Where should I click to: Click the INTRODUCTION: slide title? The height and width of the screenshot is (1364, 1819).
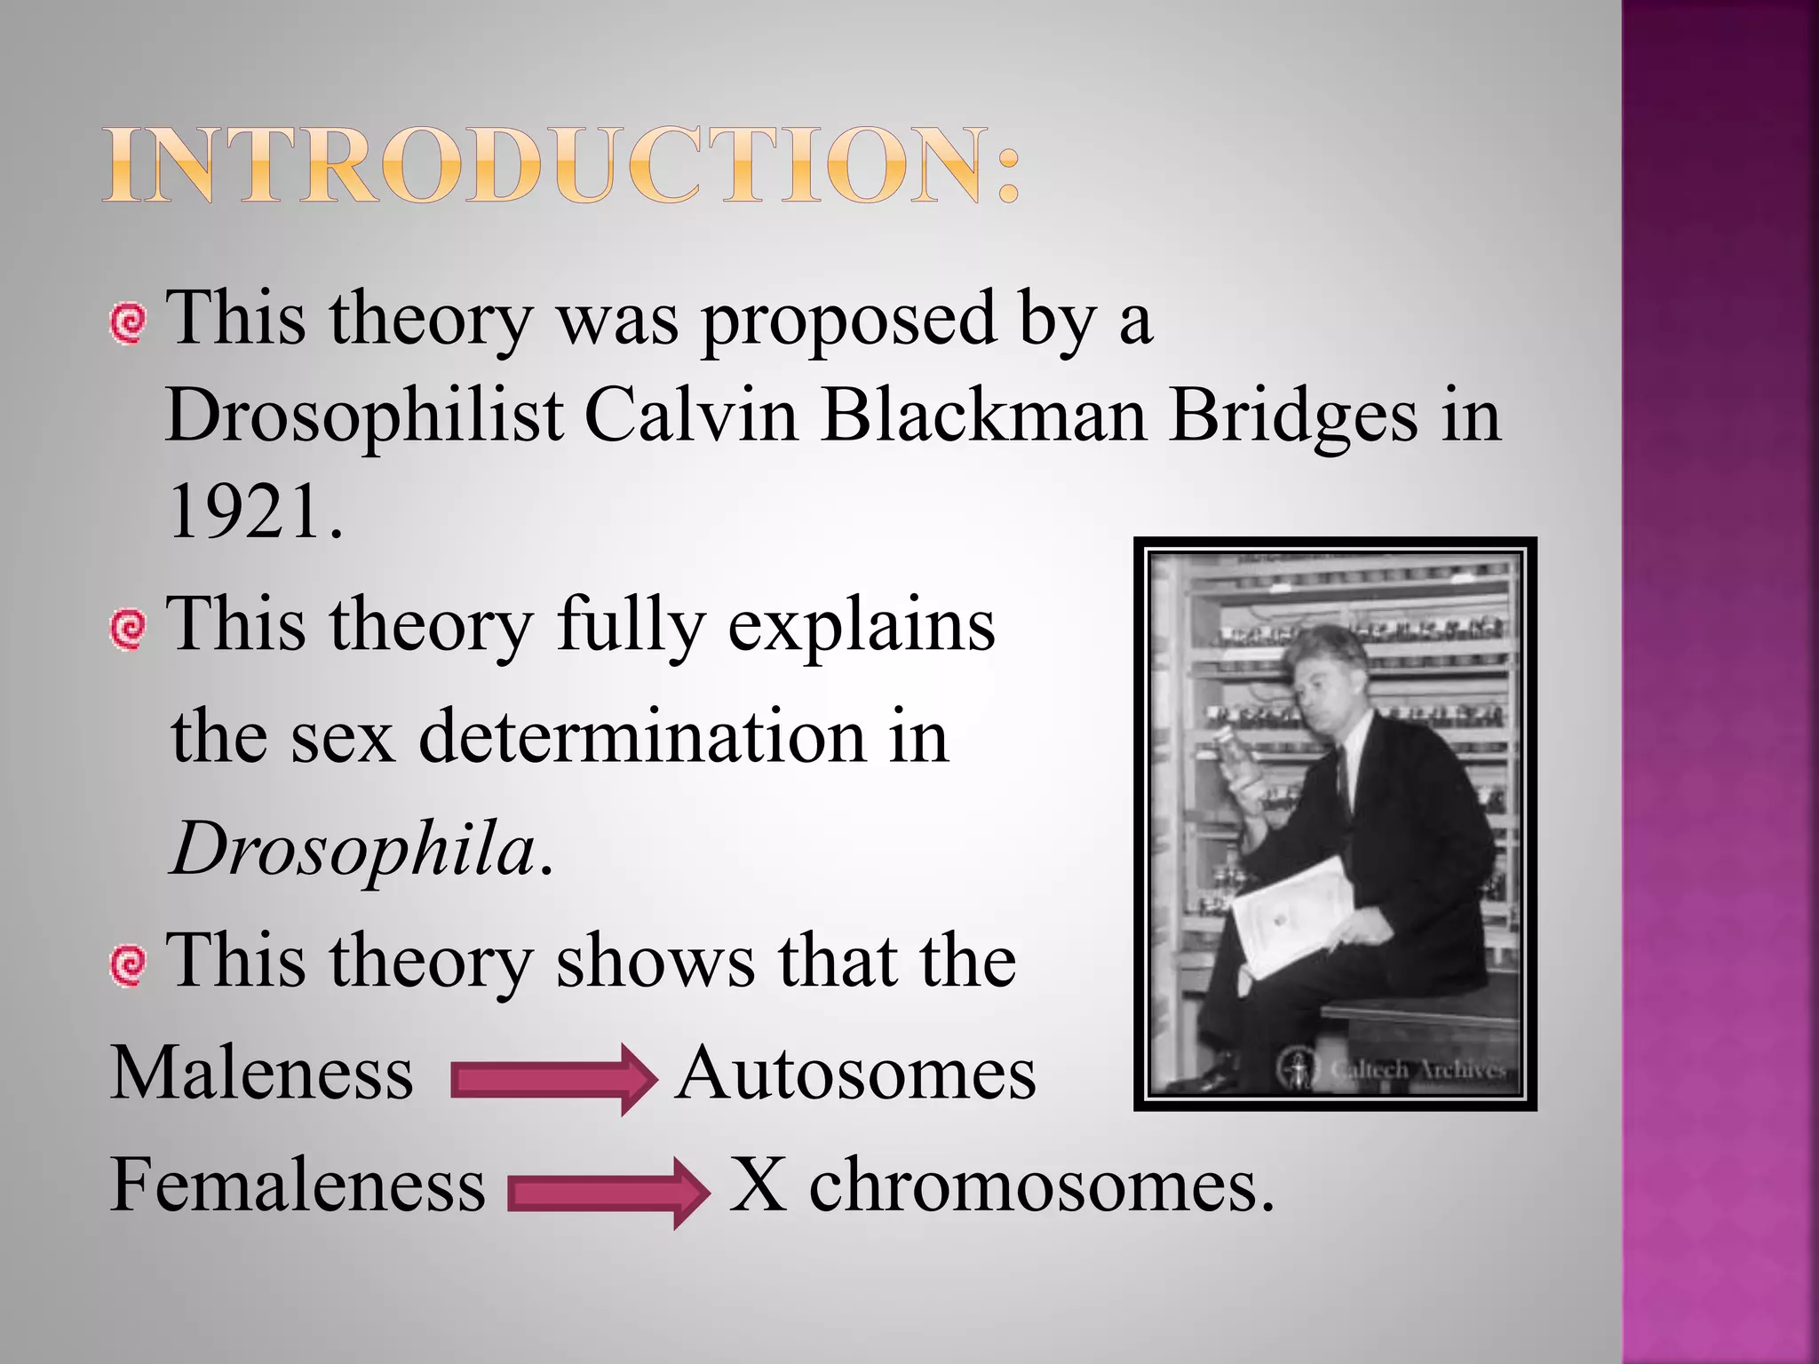pyautogui.click(x=561, y=166)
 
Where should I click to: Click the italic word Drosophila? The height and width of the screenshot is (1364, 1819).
pyautogui.click(x=353, y=849)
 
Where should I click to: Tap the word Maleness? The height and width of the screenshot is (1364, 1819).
pyautogui.click(x=261, y=1073)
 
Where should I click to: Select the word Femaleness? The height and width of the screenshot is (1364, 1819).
pyautogui.click(x=298, y=1185)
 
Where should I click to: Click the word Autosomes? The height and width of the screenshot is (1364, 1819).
pyautogui.click(x=854, y=1073)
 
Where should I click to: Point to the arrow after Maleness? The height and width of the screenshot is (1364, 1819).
pyautogui.click(x=553, y=1079)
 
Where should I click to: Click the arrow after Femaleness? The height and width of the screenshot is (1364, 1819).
pyautogui.click(x=608, y=1193)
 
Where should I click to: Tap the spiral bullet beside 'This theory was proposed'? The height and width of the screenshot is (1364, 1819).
pyautogui.click(x=128, y=322)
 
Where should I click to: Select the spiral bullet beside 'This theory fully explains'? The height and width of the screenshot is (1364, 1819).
pyautogui.click(x=128, y=629)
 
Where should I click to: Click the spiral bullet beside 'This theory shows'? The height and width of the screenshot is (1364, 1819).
pyautogui.click(x=128, y=964)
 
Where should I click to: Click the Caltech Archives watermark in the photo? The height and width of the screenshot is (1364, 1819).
pyautogui.click(x=1394, y=1068)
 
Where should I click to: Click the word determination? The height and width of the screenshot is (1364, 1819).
pyautogui.click(x=641, y=737)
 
